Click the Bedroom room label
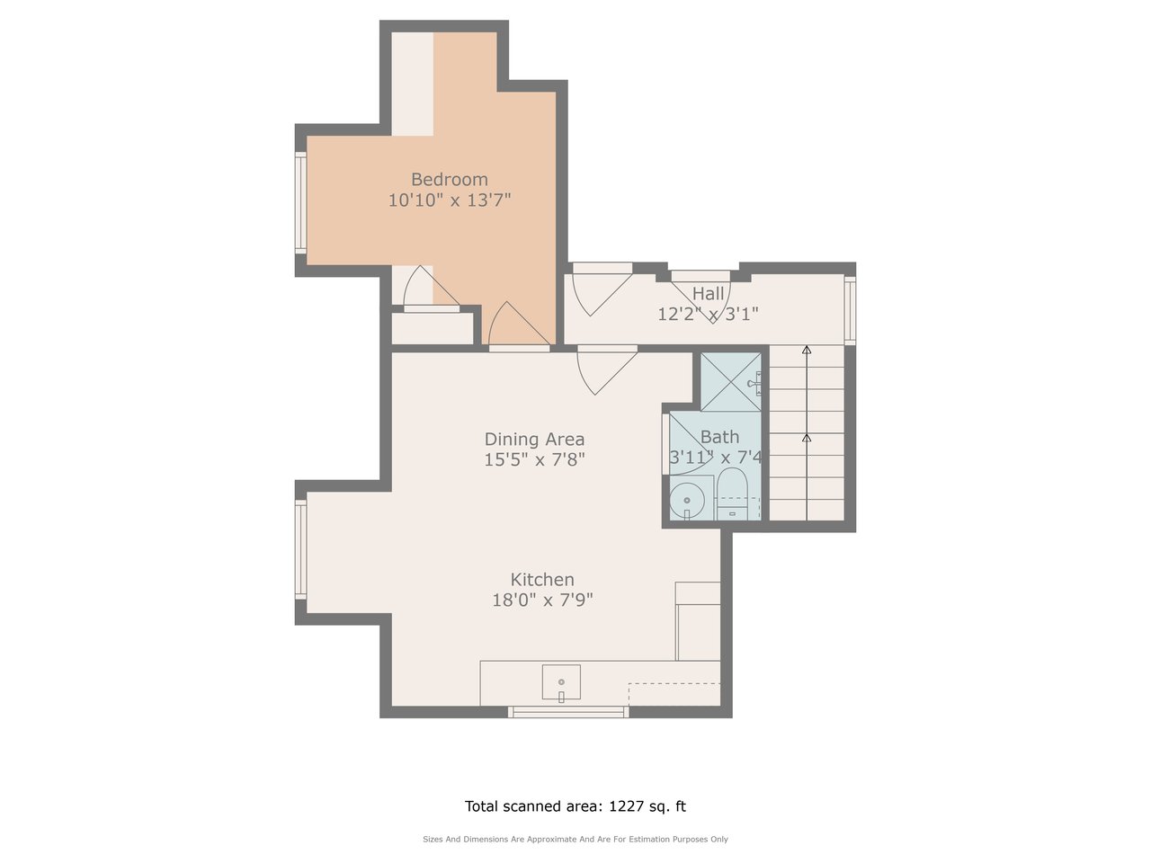pyautogui.click(x=449, y=180)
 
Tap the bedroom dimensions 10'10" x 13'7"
pyautogui.click(x=450, y=200)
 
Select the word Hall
pyautogui.click(x=708, y=294)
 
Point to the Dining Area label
pyautogui.click(x=534, y=439)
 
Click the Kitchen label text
pyautogui.click(x=542, y=580)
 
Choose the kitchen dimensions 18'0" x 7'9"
pyautogui.click(x=542, y=600)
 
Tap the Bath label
pyautogui.click(x=719, y=437)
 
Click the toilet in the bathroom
pyautogui.click(x=732, y=494)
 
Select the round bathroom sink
pyautogui.click(x=687, y=501)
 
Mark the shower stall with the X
pyautogui.click(x=731, y=382)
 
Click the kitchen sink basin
pyautogui.click(x=561, y=681)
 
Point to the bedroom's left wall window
pyautogui.click(x=300, y=202)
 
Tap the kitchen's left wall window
pyautogui.click(x=300, y=549)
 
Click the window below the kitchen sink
pyautogui.click(x=568, y=712)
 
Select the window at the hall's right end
pyautogui.click(x=850, y=311)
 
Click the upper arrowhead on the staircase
pyautogui.click(x=807, y=350)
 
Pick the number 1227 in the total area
pyautogui.click(x=626, y=805)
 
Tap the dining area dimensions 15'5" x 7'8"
pyautogui.click(x=534, y=459)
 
